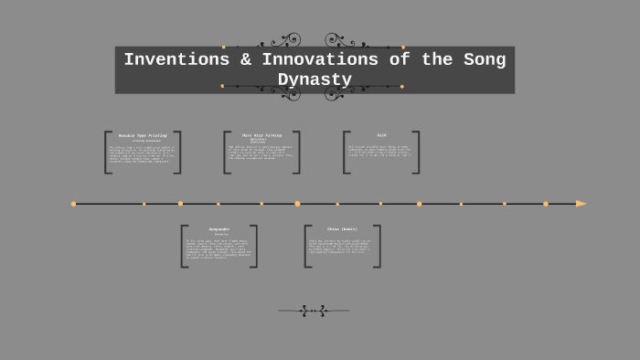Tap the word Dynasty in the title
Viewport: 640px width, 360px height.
[315, 80]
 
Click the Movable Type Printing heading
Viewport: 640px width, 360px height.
[143, 135]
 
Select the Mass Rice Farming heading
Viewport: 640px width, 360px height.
[261, 135]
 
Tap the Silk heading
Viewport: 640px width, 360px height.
[381, 135]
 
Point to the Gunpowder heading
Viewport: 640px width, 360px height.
[219, 229]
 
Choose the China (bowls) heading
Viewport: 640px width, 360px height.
[342, 229]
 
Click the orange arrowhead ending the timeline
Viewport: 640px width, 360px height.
[581, 204]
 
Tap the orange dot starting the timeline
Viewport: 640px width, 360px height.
[73, 204]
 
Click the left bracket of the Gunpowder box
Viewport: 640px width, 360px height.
[184, 246]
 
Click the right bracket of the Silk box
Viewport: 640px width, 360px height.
[416, 152]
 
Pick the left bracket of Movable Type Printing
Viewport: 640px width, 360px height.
[108, 152]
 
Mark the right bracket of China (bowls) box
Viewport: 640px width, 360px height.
[377, 246]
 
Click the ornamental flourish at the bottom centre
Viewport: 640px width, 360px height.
[314, 311]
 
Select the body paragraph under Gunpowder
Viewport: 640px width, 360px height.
[219, 249]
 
